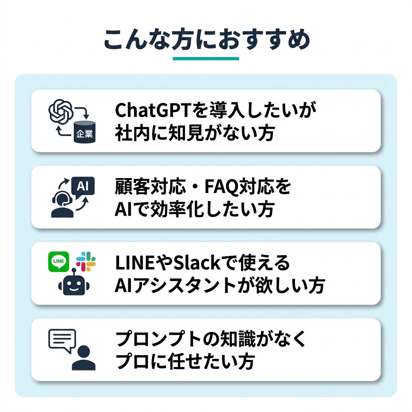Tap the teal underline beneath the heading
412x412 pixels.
point(206,59)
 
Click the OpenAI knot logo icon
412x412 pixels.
point(61,111)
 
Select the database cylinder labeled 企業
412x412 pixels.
point(84,132)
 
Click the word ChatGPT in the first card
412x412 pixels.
point(152,110)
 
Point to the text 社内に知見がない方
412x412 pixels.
point(195,133)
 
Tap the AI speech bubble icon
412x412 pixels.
point(83,187)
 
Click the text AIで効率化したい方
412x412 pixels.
point(195,209)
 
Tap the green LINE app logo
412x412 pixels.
point(59,262)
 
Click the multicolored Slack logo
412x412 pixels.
point(86,262)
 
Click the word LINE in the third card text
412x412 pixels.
point(134,263)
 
